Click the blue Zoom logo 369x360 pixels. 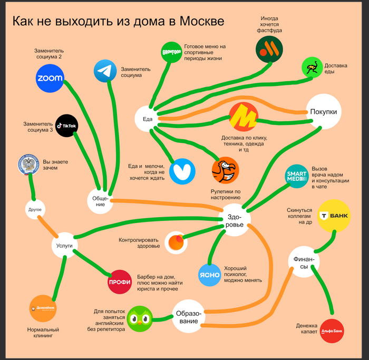tap(50, 79)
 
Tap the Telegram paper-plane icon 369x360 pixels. tap(105, 71)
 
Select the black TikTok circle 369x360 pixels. tap(67, 125)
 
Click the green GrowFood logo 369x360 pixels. tap(171, 52)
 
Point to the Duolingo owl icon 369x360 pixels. tap(140, 319)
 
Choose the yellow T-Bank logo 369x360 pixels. tap(334, 216)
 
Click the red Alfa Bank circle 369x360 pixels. tap(332, 331)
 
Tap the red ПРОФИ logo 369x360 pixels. tap(120, 282)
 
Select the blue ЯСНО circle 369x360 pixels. tap(209, 275)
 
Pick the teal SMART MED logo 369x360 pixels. tap(297, 176)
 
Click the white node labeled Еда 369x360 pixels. tap(147, 119)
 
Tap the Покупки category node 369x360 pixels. tap(324, 112)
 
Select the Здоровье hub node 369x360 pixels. tap(234, 220)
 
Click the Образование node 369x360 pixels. tap(189, 316)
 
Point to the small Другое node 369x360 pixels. tap(35, 209)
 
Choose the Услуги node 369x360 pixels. tap(64, 245)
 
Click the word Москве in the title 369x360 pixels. tap(202, 21)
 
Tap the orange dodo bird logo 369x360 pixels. tap(225, 170)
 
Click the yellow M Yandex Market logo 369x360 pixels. tap(244, 116)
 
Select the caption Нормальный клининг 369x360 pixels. tap(43, 333)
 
